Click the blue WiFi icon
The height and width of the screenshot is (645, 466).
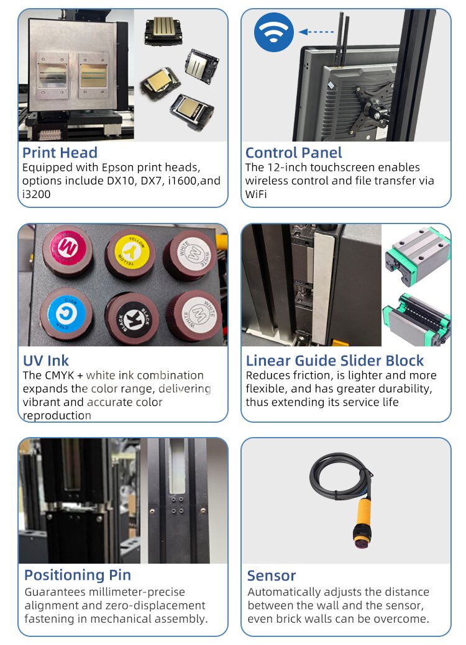274,32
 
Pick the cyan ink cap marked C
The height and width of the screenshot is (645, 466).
66,314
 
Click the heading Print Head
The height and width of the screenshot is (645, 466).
60,153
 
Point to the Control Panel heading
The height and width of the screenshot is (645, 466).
293,153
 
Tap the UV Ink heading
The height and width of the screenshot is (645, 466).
46,361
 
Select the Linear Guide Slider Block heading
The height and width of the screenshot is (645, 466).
335,361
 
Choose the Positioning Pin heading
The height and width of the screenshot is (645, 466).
78,575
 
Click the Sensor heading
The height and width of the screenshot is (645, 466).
272,576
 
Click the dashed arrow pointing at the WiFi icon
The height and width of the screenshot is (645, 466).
316,32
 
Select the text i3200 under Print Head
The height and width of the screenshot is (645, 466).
36,194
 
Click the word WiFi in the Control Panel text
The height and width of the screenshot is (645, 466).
255,194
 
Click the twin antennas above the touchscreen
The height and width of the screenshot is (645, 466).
343,39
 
